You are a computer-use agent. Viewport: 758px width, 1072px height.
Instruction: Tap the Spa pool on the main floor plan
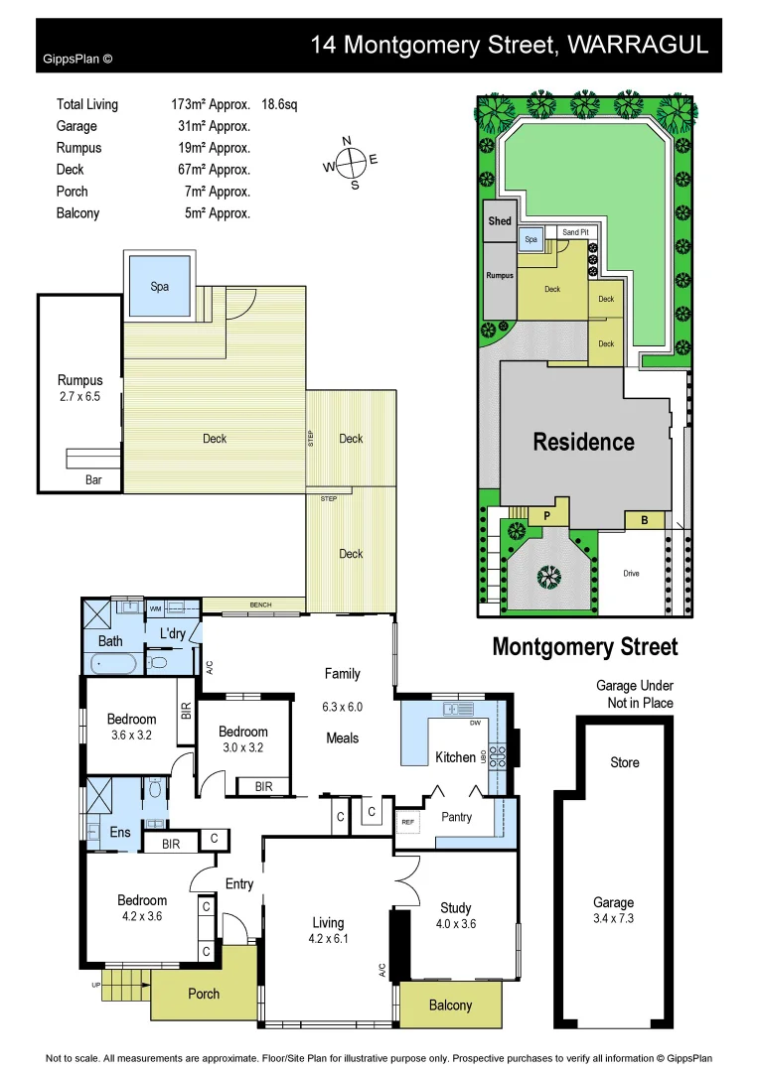[159, 286]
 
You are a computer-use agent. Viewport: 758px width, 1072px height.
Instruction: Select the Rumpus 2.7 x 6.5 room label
[79, 388]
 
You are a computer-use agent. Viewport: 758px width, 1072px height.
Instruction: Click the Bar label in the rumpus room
[92, 479]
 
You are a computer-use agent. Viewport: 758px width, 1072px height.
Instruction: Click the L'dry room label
[173, 632]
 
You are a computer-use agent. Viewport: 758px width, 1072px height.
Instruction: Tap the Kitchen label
[455, 757]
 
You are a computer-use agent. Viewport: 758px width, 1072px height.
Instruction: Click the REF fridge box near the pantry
[407, 822]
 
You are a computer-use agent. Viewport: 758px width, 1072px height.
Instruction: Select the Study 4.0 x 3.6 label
[455, 915]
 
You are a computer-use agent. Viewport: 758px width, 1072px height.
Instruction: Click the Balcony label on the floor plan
[450, 1005]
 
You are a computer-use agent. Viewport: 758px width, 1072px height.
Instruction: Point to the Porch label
[204, 994]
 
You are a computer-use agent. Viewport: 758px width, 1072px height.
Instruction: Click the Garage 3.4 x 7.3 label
[613, 910]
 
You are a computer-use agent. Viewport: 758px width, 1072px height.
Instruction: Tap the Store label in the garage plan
[625, 762]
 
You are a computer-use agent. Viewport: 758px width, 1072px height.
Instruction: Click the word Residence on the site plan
[583, 442]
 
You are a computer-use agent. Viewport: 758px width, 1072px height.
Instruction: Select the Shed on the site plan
[500, 220]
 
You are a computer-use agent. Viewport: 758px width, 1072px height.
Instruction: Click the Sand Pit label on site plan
[574, 232]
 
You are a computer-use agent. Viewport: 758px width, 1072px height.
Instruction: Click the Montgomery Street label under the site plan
[585, 647]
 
